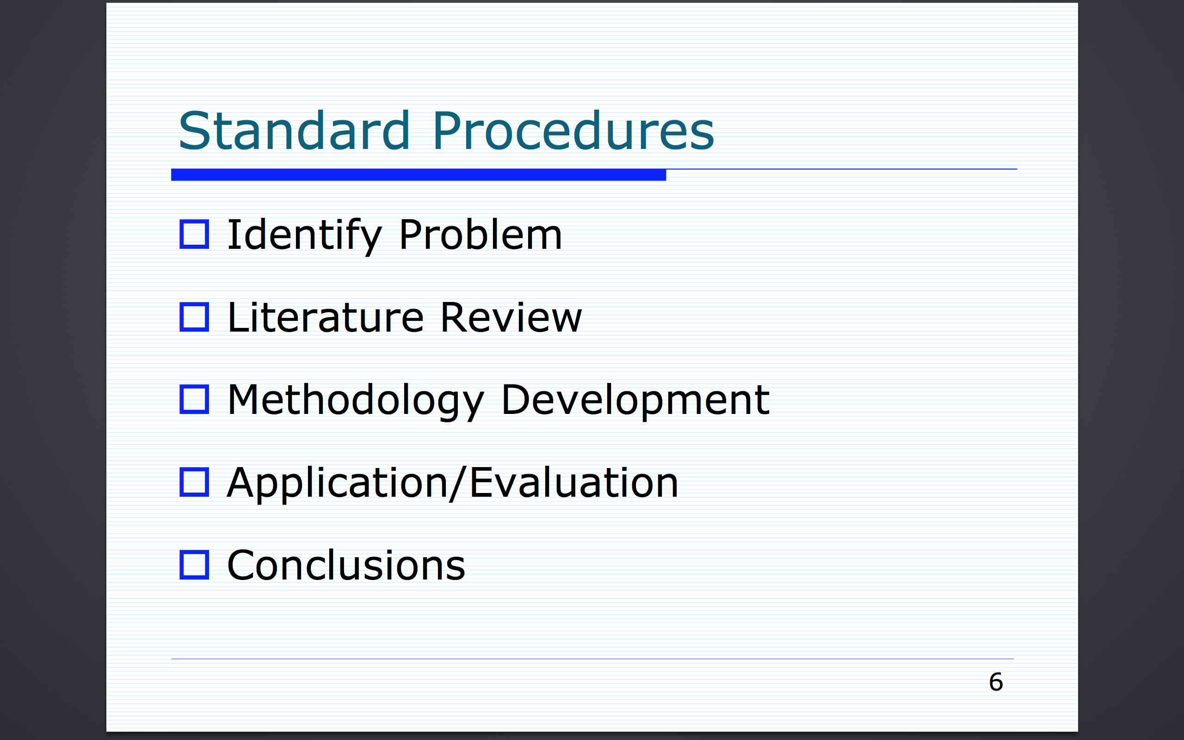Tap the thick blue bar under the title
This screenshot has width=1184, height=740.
point(418,175)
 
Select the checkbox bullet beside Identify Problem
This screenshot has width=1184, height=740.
point(194,234)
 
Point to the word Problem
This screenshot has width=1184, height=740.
point(481,234)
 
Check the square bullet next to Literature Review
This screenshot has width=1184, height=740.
point(194,317)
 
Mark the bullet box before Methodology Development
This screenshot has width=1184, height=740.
point(194,399)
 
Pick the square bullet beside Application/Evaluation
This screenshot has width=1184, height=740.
point(194,482)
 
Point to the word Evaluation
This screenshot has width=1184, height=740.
point(574,482)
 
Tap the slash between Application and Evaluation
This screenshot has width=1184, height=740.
point(459,484)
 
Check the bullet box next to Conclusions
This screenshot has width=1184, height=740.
point(194,565)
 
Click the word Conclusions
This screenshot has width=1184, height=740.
point(346,565)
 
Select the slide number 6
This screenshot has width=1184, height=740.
point(996,682)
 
